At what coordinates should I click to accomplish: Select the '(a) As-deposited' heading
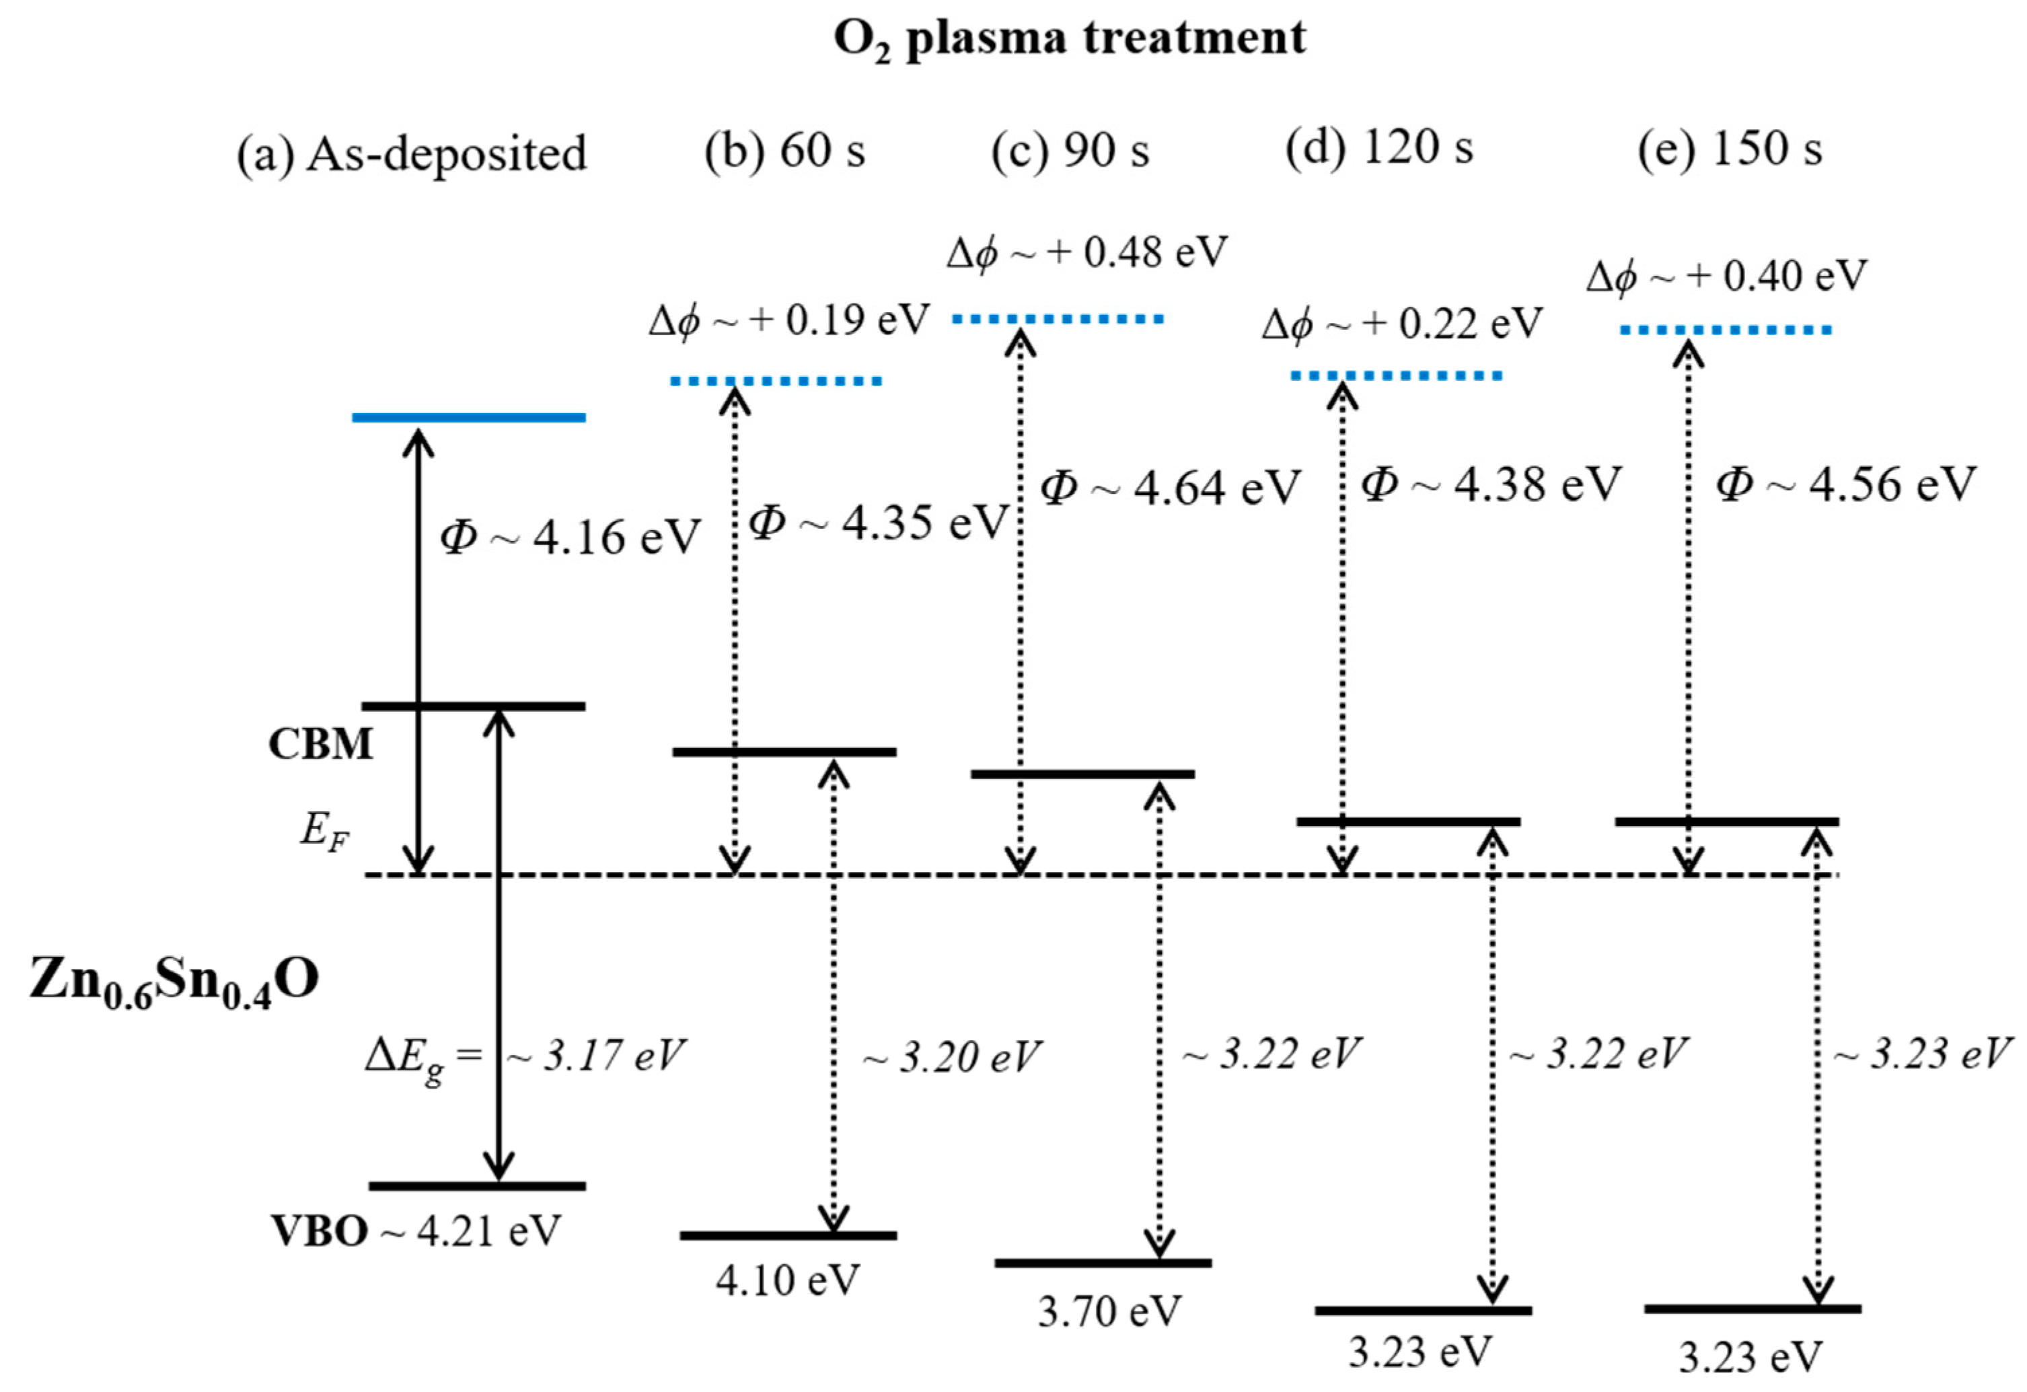point(412,154)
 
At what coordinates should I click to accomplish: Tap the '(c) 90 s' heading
point(1070,150)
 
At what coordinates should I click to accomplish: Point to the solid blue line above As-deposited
point(468,418)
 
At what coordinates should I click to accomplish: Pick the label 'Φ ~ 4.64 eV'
point(1170,488)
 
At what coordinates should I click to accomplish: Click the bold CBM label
point(320,745)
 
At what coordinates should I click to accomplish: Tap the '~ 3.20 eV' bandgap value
point(951,1058)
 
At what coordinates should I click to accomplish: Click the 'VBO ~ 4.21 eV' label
point(415,1231)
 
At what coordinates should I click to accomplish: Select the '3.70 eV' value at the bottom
point(1109,1311)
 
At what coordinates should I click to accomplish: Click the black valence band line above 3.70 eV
point(1103,1263)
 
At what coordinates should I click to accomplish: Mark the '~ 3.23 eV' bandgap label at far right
point(1921,1054)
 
